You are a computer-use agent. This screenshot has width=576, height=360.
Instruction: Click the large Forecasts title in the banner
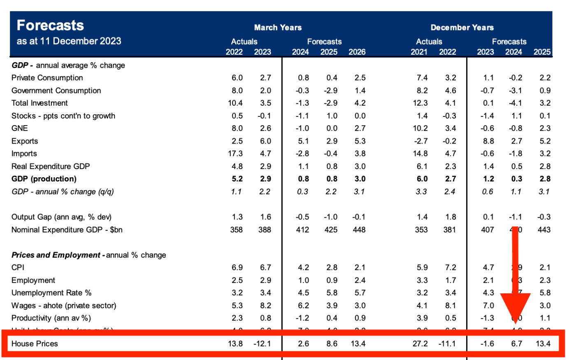tap(50, 26)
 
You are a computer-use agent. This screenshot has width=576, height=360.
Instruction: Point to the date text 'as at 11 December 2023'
tap(69, 41)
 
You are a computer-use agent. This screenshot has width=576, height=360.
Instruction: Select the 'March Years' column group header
tap(278, 28)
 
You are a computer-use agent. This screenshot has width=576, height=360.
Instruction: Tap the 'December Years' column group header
tap(462, 28)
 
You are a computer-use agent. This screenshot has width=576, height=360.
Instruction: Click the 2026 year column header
tap(357, 52)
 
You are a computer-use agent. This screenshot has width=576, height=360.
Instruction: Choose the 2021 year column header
tap(419, 52)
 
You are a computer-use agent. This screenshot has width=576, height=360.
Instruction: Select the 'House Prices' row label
tap(35, 344)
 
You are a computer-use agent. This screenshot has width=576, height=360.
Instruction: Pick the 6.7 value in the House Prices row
tap(516, 344)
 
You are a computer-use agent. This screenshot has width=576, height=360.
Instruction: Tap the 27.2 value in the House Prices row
tap(420, 344)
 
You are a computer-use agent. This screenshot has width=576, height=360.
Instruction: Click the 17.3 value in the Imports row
tap(235, 153)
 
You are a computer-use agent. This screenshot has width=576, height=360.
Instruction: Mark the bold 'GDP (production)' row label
tap(44, 179)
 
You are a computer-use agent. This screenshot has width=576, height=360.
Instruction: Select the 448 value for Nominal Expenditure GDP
tap(359, 230)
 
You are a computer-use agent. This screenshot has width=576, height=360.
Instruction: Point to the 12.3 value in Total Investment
tap(420, 103)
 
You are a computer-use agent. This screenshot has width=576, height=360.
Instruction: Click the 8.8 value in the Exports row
tap(488, 141)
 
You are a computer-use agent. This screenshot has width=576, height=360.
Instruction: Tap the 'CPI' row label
tap(18, 267)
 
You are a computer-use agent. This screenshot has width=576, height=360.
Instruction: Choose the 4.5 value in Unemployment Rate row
tap(303, 293)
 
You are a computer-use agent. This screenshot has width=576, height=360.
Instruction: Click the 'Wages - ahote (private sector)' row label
tap(64, 306)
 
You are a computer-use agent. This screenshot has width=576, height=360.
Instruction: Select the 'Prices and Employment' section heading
tap(56, 255)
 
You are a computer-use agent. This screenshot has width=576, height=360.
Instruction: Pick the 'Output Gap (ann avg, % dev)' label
tap(61, 217)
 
